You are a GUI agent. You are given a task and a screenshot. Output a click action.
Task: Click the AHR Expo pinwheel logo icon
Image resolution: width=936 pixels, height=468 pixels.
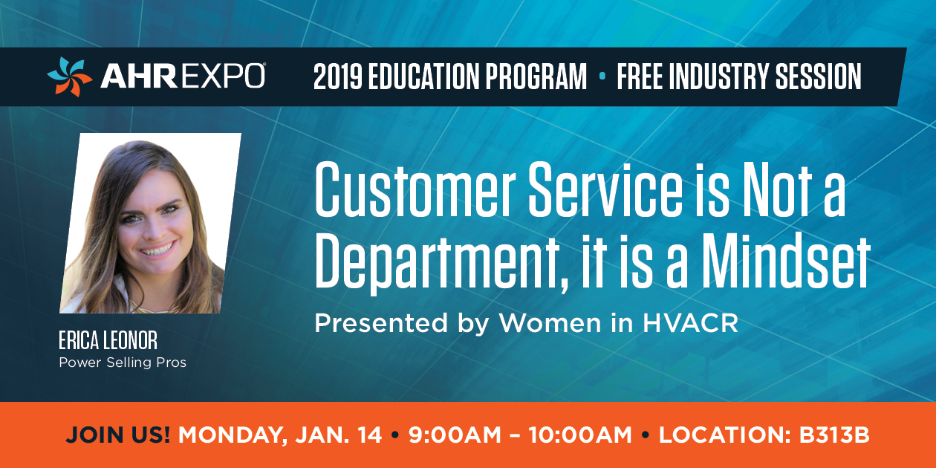[70, 77]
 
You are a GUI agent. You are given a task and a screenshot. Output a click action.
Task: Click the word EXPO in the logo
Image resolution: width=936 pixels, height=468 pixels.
[224, 76]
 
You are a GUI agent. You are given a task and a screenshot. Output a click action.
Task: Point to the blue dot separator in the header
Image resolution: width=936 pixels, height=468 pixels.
[602, 76]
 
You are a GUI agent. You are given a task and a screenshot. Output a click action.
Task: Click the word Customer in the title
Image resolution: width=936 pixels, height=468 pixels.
[415, 189]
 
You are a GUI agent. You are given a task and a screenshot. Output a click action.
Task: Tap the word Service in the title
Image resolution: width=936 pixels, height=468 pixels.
[605, 189]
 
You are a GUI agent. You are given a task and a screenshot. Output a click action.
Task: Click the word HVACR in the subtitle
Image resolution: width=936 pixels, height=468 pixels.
[690, 323]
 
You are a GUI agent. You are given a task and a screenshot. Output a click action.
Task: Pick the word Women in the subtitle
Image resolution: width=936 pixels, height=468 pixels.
[550, 323]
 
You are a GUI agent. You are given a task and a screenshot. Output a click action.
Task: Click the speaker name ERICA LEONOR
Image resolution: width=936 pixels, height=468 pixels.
[108, 340]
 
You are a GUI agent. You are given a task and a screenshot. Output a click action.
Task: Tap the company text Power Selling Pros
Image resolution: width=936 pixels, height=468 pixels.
[123, 363]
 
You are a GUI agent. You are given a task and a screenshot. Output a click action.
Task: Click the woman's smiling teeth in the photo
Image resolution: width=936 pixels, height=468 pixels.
[158, 250]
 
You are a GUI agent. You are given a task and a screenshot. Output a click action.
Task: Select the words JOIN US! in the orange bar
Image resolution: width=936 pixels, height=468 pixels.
[118, 435]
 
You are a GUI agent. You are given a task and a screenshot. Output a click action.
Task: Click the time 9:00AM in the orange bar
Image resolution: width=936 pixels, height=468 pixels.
[455, 435]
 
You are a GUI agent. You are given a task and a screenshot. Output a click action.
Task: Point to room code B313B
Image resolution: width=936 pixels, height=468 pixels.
[834, 435]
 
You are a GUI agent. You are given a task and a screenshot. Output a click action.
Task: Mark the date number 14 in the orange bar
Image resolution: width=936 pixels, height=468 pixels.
[368, 435]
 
